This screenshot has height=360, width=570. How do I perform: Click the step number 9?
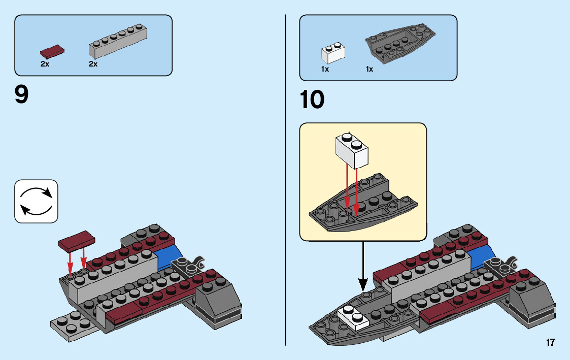tap(22, 95)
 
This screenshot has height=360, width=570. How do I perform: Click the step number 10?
tap(312, 100)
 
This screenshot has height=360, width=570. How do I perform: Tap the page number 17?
tap(550, 342)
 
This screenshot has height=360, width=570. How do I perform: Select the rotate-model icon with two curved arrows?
tap(36, 201)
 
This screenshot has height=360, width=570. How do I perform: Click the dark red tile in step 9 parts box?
tap(52, 51)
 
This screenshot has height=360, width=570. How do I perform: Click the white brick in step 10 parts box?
tap(333, 53)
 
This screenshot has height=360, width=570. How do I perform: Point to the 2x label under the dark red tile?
tap(45, 64)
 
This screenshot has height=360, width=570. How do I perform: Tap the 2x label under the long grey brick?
tap(93, 64)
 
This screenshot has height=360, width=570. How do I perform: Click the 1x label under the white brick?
tap(325, 69)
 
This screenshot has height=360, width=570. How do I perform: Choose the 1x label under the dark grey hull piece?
tap(370, 69)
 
